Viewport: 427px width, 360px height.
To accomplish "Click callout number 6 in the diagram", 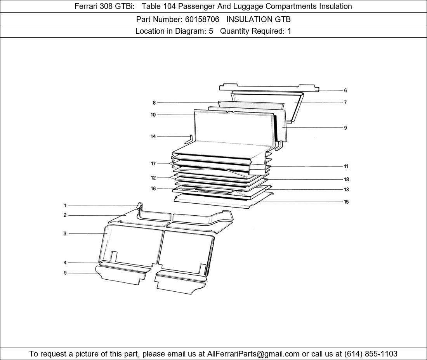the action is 345,90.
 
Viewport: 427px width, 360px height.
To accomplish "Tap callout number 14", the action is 153,136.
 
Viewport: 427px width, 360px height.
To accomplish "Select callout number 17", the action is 153,164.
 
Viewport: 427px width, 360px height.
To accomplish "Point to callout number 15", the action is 346,202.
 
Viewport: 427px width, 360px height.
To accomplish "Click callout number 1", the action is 65,206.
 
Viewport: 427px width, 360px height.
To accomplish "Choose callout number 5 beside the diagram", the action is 65,273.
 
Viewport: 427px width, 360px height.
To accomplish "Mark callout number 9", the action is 345,128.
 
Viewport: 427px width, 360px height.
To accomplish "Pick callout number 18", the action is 346,179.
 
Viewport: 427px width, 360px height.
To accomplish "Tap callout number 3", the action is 65,233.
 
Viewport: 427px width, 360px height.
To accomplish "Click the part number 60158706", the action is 202,19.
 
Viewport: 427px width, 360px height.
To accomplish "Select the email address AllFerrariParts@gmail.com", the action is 253,354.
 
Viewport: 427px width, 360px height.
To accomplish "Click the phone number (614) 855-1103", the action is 371,354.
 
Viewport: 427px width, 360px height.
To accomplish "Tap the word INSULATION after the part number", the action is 250,19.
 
